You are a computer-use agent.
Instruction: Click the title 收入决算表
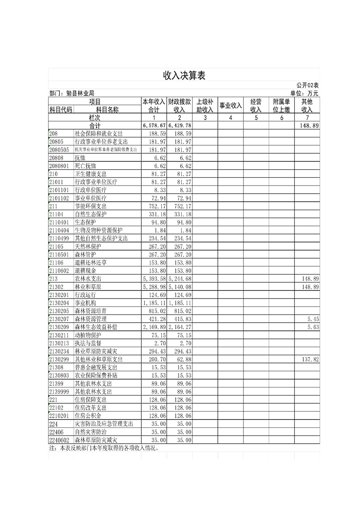click(184, 76)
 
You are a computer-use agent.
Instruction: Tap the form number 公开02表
click(307, 85)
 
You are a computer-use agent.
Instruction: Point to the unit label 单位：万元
click(304, 93)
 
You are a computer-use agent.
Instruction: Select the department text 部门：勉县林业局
click(72, 93)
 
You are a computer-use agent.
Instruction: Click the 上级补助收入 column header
click(205, 105)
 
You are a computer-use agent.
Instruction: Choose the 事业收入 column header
click(230, 105)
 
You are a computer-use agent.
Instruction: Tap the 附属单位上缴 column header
click(281, 105)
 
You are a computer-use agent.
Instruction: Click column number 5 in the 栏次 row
click(256, 117)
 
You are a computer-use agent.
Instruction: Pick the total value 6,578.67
click(153, 125)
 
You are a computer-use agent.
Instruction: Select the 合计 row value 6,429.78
click(179, 125)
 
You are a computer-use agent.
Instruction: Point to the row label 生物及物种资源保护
click(99, 230)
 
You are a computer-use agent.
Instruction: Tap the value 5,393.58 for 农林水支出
click(153, 278)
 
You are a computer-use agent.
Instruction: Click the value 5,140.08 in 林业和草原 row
click(179, 286)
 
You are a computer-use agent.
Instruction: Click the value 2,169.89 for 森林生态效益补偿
click(153, 327)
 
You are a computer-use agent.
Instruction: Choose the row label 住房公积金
click(88, 415)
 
